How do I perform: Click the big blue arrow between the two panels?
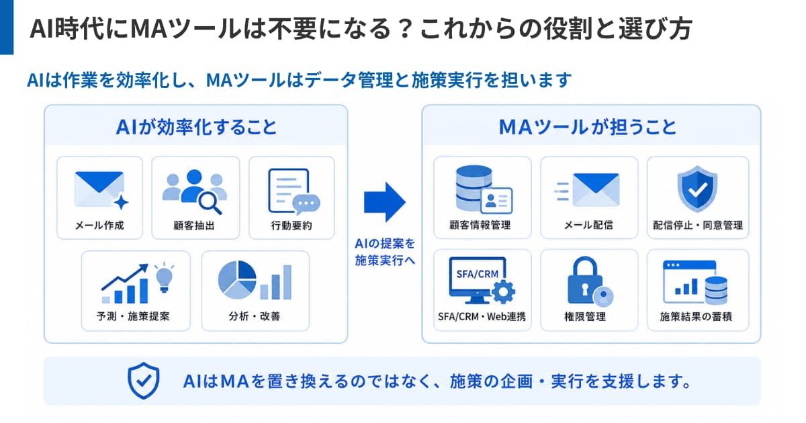[385, 202]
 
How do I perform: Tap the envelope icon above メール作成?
[99, 189]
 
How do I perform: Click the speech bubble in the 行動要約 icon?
[306, 204]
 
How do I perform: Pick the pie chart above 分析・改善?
[237, 280]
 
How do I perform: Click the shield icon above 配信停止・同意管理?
[697, 189]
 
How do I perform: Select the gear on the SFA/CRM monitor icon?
[503, 291]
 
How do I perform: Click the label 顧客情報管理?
[480, 225]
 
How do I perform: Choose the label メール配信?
[588, 225]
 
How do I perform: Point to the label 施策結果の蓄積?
[696, 316]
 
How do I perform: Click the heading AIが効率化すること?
[196, 128]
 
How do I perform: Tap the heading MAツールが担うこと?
[588, 128]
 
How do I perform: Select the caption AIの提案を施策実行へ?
[385, 252]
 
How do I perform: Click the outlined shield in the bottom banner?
[144, 381]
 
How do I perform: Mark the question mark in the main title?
[405, 29]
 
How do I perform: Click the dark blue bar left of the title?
[7, 28]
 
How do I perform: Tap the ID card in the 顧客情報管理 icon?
[496, 200]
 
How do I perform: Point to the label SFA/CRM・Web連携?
[482, 316]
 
